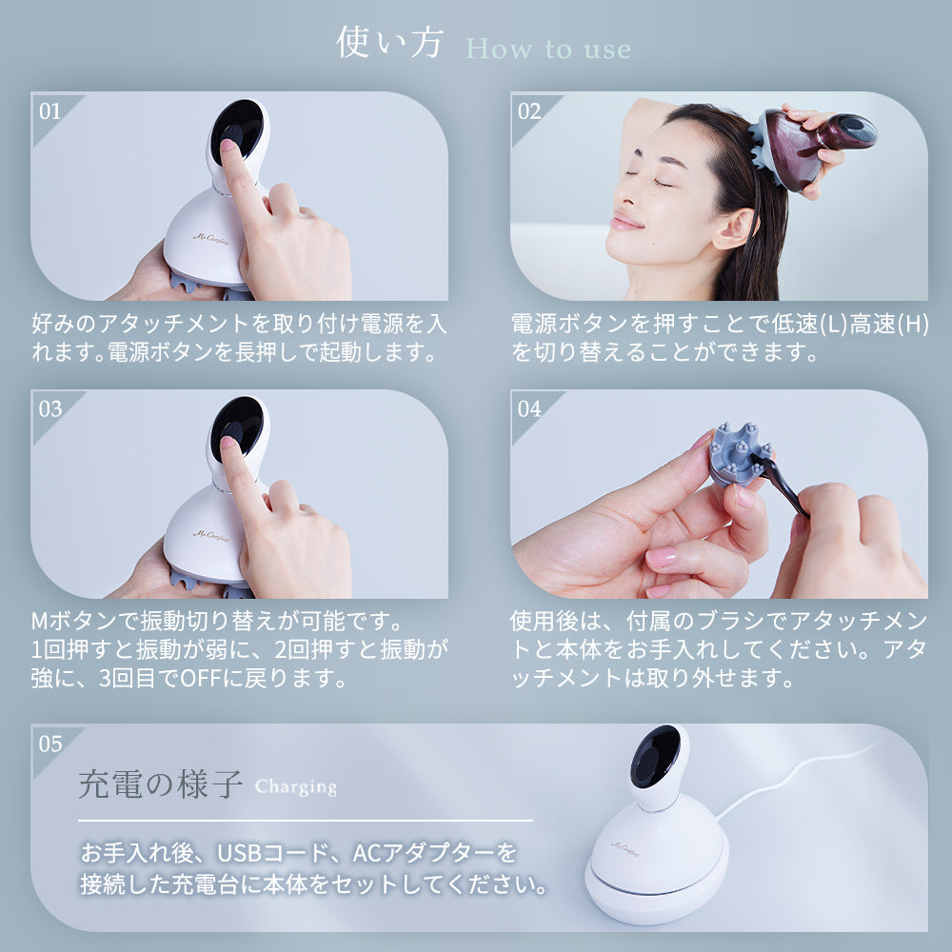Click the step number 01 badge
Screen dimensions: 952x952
50,111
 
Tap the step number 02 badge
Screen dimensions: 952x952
528,111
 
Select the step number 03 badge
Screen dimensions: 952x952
50,408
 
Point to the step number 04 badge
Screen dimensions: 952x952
528,408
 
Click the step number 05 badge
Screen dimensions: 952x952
50,744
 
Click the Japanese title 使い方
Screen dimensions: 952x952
389,43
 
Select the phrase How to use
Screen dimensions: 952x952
548,50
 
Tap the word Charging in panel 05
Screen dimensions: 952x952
296,787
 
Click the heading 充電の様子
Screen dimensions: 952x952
160,783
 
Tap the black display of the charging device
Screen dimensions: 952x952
655,755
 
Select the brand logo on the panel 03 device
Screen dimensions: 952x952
211,534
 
